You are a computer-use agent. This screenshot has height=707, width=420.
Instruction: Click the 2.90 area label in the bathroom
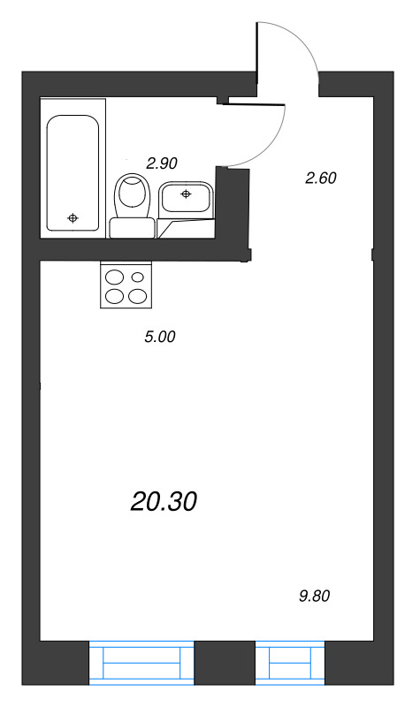tap(163, 163)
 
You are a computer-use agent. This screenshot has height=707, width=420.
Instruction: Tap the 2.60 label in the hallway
tap(321, 178)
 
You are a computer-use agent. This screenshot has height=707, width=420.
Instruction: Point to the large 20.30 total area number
tap(163, 501)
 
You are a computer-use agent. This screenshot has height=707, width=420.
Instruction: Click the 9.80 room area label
tap(315, 596)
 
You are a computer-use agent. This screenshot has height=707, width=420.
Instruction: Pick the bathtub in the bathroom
tap(73, 172)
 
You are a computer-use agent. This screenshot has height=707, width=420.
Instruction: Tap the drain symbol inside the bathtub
tap(73, 217)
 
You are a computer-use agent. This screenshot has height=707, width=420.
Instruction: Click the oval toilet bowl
tap(132, 194)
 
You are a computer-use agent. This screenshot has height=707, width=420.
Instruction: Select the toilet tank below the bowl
tap(131, 228)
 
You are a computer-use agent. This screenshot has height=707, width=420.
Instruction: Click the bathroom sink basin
tap(185, 196)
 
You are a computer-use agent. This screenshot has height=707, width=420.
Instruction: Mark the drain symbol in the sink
tap(186, 193)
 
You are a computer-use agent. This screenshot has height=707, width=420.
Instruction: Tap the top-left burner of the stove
tap(115, 278)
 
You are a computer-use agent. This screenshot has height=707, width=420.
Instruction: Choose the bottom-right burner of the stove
tap(137, 296)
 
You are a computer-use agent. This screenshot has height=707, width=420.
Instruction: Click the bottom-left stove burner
tap(115, 296)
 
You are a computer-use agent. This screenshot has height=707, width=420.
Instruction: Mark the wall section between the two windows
tap(225, 663)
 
